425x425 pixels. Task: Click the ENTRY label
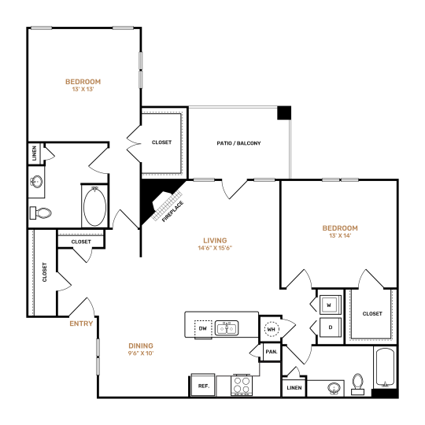[x=81, y=323]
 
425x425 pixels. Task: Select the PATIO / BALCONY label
[x=238, y=143]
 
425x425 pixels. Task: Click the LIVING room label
[x=214, y=240]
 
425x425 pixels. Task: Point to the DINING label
[x=141, y=346]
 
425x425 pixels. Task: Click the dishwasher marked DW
[x=201, y=327]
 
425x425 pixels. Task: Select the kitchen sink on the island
[x=228, y=327]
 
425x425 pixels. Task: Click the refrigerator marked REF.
[x=202, y=386]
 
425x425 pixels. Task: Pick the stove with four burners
[x=242, y=386]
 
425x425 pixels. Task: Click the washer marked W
[x=329, y=304]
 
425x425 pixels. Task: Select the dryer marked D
[x=329, y=327]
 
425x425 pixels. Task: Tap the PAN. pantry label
[x=271, y=352]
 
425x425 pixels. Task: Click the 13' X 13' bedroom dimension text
[x=83, y=91]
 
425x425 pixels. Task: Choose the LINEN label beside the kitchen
[x=293, y=388]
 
